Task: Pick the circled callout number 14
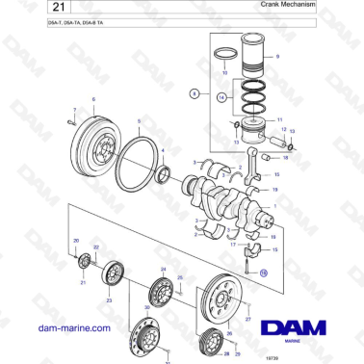222,97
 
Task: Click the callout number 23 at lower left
108,300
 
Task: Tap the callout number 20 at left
76,240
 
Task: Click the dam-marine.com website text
69,328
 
